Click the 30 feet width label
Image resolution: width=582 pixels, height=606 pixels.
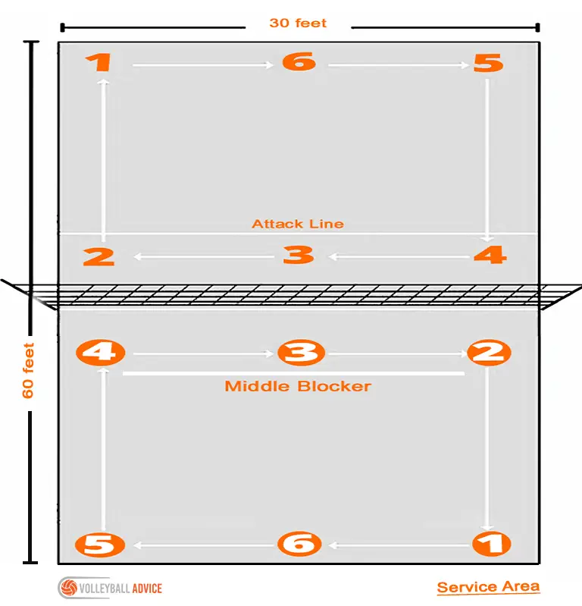coord(298,24)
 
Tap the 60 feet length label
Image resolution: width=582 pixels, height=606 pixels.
coord(28,370)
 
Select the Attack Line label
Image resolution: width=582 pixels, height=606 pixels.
coord(298,224)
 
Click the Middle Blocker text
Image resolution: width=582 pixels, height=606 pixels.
coord(298,386)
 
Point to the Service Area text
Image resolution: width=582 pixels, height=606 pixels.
coord(488,587)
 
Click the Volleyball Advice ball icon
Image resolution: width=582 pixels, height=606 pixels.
coord(69,588)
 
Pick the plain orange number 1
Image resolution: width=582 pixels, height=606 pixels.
coord(99,62)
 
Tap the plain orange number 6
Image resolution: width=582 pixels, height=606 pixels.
coord(299,61)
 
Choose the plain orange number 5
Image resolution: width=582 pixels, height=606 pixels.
coord(488,63)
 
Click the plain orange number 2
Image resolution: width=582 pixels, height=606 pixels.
coord(99,256)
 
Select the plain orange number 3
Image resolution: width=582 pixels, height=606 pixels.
coord(298,255)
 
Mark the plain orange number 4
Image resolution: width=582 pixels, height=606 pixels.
coord(490,255)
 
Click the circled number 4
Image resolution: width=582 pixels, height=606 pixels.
coord(101,353)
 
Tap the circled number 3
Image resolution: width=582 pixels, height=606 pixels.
coord(302,353)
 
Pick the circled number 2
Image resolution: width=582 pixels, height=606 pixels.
coord(489,353)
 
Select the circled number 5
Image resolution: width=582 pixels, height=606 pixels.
coord(99,544)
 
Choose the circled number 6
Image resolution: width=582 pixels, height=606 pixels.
coord(299,543)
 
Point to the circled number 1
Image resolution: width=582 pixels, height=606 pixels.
coord(491,543)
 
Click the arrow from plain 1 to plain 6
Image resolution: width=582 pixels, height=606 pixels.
coord(203,65)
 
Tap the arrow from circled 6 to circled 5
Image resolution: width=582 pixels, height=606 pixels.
coord(205,545)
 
